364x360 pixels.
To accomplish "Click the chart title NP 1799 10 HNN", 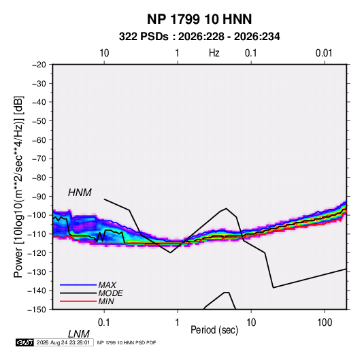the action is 199,19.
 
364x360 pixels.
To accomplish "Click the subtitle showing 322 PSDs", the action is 199,37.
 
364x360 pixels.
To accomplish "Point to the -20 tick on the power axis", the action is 39,65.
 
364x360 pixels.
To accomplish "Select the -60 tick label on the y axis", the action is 39,140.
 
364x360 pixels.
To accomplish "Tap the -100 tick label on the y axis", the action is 37,215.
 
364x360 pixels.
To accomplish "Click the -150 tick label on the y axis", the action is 37,310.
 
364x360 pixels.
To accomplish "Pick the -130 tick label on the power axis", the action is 37,272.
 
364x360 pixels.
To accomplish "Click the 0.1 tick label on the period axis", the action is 104,323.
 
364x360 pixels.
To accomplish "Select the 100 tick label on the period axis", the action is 325,323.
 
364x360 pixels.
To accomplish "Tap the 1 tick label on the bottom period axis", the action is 177,323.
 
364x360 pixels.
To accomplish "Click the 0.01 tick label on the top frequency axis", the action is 324,53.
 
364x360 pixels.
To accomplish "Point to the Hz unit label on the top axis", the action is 214,53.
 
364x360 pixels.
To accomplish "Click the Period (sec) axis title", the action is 214,330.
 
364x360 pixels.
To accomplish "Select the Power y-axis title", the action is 18,187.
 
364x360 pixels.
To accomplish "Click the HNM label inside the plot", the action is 80,193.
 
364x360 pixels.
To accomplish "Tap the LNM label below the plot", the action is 78,334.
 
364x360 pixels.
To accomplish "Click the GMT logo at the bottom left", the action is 24,342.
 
